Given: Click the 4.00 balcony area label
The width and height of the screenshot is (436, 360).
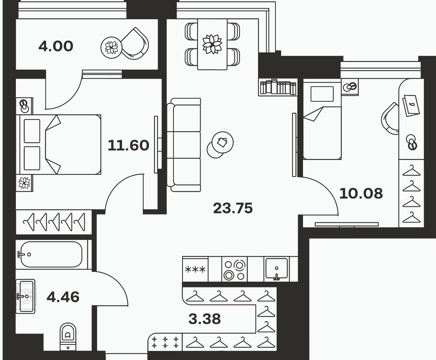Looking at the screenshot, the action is (56, 46).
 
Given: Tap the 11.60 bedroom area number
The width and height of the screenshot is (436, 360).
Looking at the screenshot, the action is (128, 145).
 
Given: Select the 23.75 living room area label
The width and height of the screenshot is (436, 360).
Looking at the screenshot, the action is (233, 208).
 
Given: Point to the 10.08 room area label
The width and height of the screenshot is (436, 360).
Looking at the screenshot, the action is (361, 193).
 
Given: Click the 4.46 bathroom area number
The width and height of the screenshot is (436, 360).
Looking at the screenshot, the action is (63, 297).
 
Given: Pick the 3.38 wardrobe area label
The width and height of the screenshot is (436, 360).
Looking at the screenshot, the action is (205, 319).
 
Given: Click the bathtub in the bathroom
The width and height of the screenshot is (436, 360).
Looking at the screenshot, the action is (52, 254).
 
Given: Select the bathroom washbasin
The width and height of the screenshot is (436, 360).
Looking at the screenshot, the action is (26, 296).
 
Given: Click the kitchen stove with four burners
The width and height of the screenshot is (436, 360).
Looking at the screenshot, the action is (234, 269).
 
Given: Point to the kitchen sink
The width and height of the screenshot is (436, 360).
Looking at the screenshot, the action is (277, 268).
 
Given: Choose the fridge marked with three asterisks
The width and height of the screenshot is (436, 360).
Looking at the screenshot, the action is (195, 269).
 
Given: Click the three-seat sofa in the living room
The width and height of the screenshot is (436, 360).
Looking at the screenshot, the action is (184, 145).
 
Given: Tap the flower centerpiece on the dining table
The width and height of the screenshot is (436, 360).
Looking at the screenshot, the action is (212, 44).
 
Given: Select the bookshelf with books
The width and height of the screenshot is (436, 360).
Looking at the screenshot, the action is (278, 87).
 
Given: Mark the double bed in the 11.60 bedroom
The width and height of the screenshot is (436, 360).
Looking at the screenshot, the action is (59, 145).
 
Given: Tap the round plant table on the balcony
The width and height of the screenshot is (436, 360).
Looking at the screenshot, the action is (111, 48).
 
